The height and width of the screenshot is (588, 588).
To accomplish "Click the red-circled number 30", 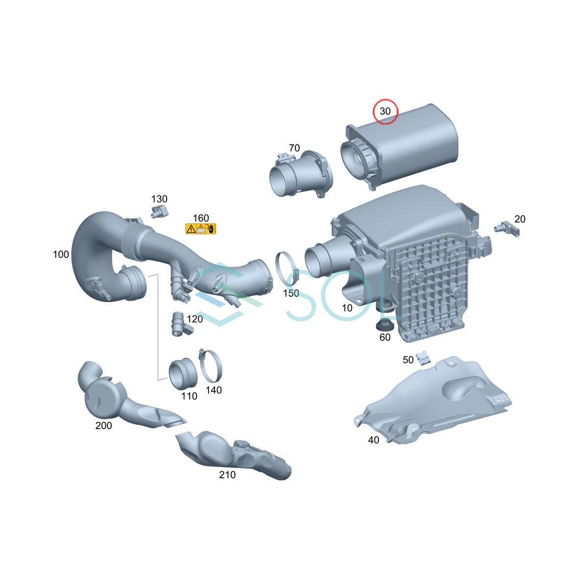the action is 385,111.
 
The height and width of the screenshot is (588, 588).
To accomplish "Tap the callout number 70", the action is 294,148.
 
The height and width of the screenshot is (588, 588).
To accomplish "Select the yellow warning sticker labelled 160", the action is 200,228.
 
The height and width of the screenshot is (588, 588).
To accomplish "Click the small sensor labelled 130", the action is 160,212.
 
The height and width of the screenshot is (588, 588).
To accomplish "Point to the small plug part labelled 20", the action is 507,230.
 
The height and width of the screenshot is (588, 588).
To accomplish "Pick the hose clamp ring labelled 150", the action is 287,268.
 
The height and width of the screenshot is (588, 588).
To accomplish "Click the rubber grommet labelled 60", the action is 385,325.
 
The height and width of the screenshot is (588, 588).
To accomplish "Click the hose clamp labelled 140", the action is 211,366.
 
